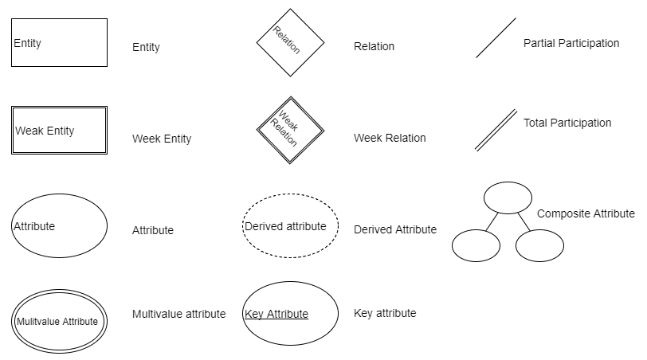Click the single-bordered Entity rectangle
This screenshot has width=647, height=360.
coord(59,43)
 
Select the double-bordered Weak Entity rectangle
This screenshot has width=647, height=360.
coord(59,130)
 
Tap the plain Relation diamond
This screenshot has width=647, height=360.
coord(290,42)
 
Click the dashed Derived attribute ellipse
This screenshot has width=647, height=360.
coord(290,226)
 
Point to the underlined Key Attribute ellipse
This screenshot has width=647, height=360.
coord(290,314)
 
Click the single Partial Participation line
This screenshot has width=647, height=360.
coord(496,37)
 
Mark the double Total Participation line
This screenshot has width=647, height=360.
coord(496,130)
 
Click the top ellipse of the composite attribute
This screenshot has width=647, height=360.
coord(508,197)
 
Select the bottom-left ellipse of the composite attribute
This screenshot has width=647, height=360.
coord(476,245)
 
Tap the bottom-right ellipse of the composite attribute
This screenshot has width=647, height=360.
coord(539,245)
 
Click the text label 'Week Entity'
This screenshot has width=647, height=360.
coord(162,139)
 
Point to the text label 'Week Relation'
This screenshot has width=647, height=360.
coord(390,138)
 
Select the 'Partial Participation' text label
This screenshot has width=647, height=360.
coord(571,43)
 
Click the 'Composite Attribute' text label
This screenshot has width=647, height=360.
coord(586,213)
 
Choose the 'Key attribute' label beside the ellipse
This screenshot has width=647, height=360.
coord(385,313)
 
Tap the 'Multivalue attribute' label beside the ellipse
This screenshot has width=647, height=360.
coord(178,314)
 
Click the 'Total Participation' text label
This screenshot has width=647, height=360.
coord(567,123)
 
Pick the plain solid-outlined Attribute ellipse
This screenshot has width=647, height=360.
coord(59,226)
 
